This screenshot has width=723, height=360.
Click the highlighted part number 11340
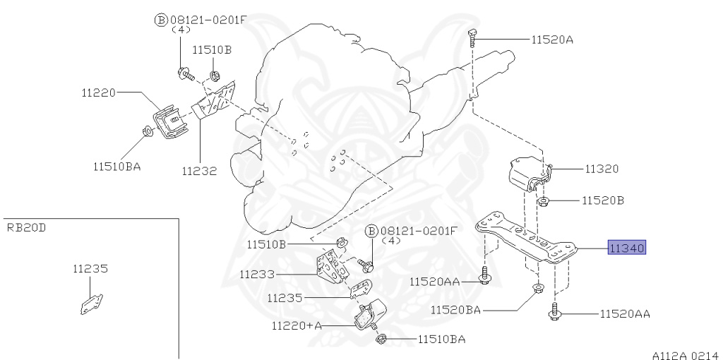628,248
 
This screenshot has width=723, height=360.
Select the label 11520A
552,40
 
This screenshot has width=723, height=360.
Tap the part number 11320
601,169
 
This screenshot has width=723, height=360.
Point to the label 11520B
603,200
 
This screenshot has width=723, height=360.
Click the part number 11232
199,170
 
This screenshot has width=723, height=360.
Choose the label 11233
257,275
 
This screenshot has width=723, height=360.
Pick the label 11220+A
297,325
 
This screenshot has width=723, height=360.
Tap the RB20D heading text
26,227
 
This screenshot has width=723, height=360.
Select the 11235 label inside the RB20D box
90,268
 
